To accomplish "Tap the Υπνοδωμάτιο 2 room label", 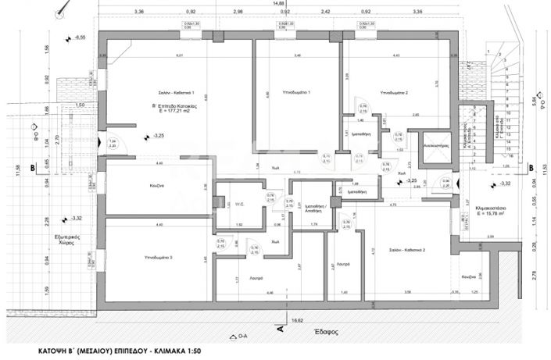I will (x=394, y=92).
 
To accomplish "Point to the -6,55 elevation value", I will (x=81, y=37).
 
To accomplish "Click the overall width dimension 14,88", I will (x=278, y=4).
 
